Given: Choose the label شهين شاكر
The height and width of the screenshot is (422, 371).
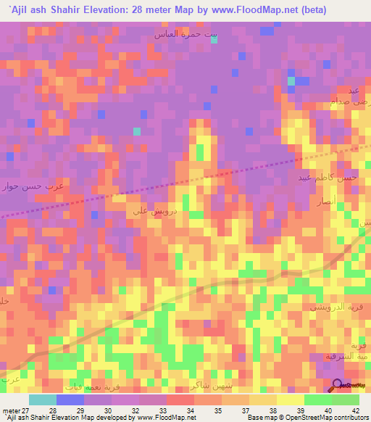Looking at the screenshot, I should (x=207, y=384).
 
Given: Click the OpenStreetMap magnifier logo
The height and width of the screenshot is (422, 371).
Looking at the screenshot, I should (x=338, y=385).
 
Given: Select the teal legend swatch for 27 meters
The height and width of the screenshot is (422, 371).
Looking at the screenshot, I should (x=42, y=400).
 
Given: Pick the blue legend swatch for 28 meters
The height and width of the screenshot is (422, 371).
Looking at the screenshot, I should (x=70, y=400).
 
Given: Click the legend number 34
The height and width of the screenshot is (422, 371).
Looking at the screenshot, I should (x=189, y=411).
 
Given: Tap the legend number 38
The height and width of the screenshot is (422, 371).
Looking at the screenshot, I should (x=272, y=411).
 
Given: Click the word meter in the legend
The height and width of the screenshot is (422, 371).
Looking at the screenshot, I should (x=11, y=411).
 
